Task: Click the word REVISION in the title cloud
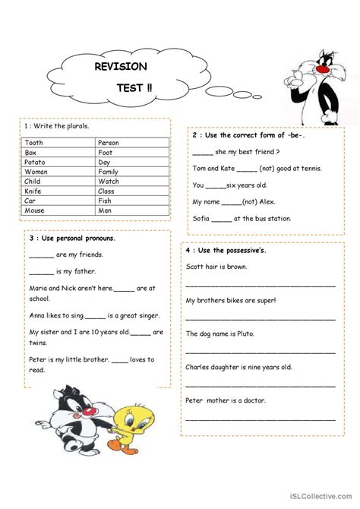[121, 67]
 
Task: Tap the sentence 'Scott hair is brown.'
[216, 267]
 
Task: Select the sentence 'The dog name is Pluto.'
[221, 334]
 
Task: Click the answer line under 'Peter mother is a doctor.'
[261, 419]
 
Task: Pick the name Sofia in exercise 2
[201, 219]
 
